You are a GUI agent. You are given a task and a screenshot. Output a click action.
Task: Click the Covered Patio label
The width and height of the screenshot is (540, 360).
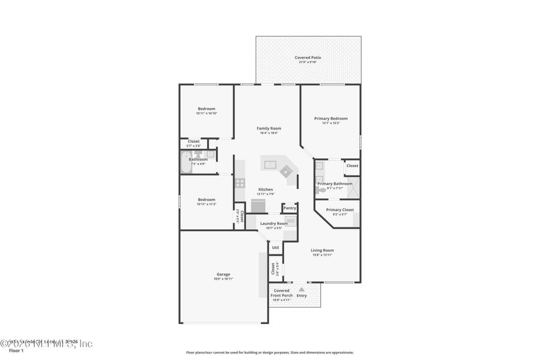click(x=308, y=58)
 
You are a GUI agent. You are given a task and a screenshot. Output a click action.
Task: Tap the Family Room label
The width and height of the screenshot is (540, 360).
click(x=269, y=128)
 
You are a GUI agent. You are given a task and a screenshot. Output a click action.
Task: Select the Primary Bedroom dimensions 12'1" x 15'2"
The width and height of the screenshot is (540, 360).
click(x=331, y=124)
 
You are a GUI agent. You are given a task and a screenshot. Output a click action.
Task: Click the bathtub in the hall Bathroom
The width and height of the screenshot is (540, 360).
click(x=184, y=162)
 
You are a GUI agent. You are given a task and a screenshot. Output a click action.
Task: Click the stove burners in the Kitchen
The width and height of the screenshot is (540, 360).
click(x=240, y=182)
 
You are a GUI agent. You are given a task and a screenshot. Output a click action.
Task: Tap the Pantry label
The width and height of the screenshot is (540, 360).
click(x=290, y=208)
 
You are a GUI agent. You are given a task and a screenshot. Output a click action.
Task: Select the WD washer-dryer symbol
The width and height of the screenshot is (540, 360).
click(x=290, y=221)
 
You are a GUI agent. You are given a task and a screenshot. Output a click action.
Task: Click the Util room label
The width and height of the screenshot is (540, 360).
click(x=275, y=247)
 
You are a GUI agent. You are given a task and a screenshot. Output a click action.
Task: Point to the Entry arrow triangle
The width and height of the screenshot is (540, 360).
click(x=302, y=289)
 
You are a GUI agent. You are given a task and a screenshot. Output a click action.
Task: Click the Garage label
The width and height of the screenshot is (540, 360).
click(x=223, y=274)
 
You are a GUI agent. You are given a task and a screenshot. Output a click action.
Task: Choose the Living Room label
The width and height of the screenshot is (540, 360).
click(x=322, y=250)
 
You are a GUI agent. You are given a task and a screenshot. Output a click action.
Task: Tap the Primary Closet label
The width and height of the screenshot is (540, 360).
click(x=340, y=210)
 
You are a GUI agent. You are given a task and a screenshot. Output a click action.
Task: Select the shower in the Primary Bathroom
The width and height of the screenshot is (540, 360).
click(x=354, y=187)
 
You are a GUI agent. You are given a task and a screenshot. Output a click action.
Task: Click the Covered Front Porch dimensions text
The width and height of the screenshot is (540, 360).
click(x=282, y=300)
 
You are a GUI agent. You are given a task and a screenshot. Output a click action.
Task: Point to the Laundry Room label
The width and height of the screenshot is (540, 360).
click(x=274, y=223)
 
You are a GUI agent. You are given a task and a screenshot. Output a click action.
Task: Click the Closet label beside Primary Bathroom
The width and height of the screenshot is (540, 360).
click(x=352, y=166)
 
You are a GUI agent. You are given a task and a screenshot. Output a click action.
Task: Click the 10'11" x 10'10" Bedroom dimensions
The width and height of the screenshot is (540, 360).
click(x=206, y=113)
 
